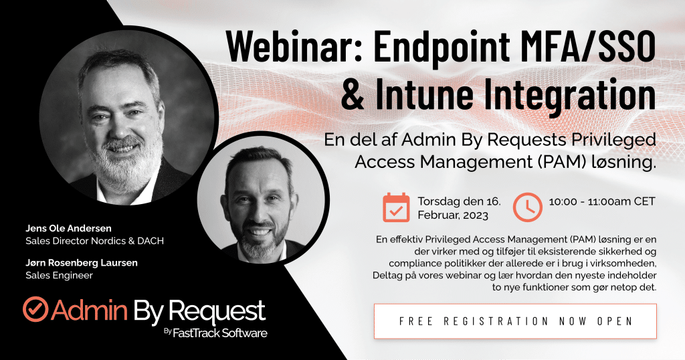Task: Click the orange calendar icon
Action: [396, 207]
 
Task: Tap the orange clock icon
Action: [527, 207]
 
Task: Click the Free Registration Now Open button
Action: [516, 321]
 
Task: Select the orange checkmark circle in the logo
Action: [35, 309]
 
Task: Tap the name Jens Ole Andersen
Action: [68, 228]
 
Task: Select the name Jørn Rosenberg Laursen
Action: [81, 262]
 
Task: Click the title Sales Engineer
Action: [59, 275]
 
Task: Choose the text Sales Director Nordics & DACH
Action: [94, 241]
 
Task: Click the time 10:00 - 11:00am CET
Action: [602, 201]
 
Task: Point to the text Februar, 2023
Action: [453, 215]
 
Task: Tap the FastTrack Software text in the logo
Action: [219, 333]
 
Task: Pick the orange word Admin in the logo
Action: [89, 310]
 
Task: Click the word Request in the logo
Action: [217, 311]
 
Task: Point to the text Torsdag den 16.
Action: [459, 201]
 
